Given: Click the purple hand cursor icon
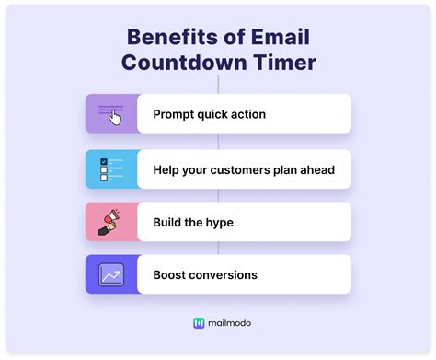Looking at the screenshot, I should [x=112, y=114].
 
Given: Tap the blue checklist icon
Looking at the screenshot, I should [x=111, y=168].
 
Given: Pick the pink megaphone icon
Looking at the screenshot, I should [x=111, y=221].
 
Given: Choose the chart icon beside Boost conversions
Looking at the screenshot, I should [x=111, y=274].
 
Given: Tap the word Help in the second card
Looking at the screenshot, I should [x=168, y=168].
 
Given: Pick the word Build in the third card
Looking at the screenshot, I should [x=169, y=222].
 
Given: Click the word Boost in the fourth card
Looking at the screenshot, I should [x=172, y=274].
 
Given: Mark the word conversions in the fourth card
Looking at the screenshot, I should [x=232, y=274].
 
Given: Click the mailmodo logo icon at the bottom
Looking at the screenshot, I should [x=199, y=323].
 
